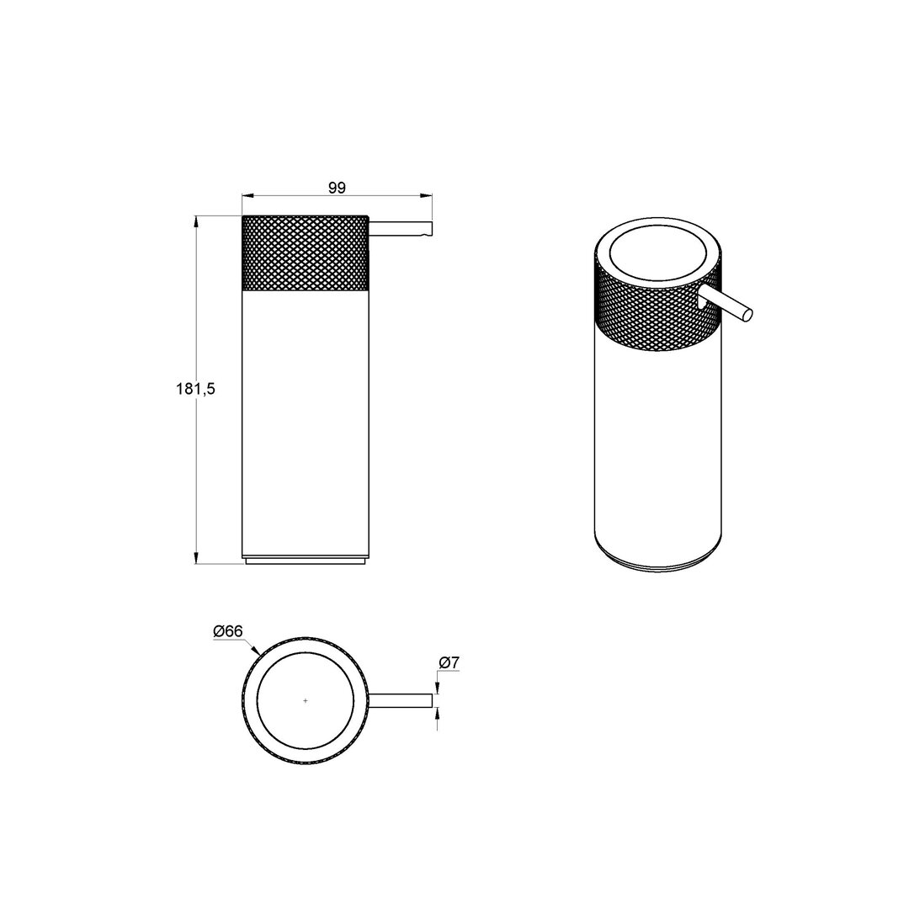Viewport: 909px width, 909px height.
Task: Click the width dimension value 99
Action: pos(337,188)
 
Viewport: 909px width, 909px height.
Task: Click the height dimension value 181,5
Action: pos(195,389)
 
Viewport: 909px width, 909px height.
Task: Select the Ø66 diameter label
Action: pos(228,631)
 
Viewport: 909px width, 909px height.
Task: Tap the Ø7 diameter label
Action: pos(449,662)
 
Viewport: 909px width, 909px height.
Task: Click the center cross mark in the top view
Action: pos(306,701)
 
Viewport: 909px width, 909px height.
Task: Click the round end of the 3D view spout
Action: pos(748,314)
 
